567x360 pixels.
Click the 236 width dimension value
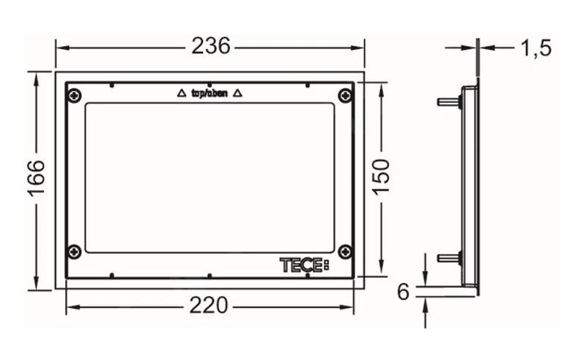tap(210, 46)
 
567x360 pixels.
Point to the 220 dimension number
tap(209, 305)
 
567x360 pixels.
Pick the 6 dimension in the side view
tap(404, 292)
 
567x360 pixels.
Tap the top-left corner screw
tap(75, 95)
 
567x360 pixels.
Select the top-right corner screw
tap(345, 95)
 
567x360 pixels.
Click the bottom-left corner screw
tap(75, 251)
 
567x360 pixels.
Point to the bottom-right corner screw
tap(345, 251)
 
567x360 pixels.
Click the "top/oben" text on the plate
tap(210, 94)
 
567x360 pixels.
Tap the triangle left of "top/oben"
tap(182, 94)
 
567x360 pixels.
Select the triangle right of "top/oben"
tap(237, 94)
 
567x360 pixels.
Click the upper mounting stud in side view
tap(448, 101)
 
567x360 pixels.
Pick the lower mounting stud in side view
tap(448, 257)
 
